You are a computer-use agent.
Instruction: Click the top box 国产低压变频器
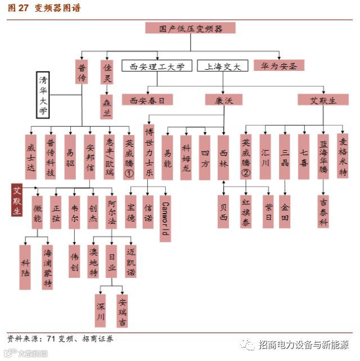(190, 28)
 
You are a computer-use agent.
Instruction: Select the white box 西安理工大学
(157, 66)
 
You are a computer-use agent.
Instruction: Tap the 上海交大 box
(222, 66)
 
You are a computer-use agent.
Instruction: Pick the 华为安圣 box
(278, 65)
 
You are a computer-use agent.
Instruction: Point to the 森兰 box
(107, 106)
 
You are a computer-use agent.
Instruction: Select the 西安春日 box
(147, 100)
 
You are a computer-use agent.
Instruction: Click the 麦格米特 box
(343, 156)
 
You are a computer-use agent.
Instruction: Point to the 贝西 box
(223, 211)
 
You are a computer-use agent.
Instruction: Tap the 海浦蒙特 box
(48, 267)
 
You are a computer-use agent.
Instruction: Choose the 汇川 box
(265, 156)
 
